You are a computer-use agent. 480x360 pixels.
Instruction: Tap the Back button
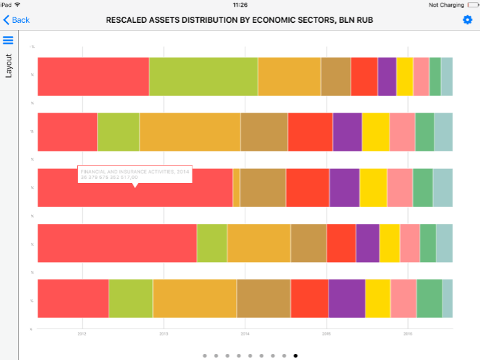pos(17,20)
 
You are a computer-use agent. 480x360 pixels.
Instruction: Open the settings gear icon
pos(467,20)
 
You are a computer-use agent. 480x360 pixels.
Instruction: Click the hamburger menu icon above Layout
pos(9,41)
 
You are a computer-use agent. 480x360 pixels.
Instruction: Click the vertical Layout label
pos(9,66)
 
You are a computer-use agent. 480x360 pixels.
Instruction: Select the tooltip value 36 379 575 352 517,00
pos(109,177)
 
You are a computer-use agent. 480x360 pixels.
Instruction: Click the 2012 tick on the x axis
pos(82,333)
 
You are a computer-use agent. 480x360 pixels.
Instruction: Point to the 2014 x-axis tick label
pos(245,333)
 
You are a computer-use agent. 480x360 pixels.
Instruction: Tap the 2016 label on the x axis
pos(408,333)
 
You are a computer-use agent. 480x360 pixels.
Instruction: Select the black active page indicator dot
pos(296,356)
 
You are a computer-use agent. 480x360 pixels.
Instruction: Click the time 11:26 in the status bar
pos(240,4)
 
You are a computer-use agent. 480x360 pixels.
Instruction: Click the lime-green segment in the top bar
pos(203,76)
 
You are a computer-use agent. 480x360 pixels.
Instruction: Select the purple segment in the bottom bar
pos(347,298)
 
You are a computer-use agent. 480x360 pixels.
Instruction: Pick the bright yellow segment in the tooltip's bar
pos(373,187)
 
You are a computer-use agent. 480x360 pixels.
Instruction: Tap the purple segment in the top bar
pos(387,76)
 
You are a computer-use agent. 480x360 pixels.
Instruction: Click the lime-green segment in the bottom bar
pos(131,298)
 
